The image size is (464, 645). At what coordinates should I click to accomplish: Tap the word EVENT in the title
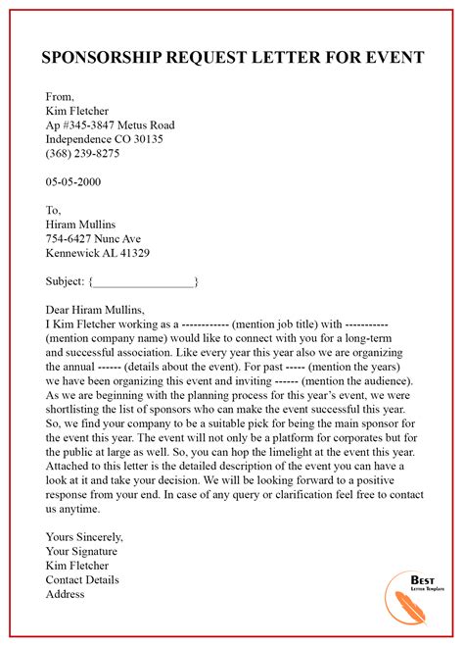[391, 58]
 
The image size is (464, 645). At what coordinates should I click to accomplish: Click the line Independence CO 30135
[105, 139]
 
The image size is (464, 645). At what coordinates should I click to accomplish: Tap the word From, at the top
[62, 96]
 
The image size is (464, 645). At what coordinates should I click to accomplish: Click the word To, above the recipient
[54, 210]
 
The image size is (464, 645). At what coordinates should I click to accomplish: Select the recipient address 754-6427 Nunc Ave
[93, 238]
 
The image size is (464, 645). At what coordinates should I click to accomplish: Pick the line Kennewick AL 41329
[98, 253]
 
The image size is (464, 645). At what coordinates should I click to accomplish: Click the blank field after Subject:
[145, 282]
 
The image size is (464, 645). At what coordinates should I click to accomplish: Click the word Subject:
[66, 281]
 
